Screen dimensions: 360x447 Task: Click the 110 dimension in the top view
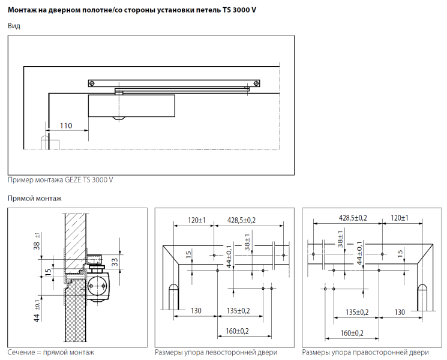(65, 125)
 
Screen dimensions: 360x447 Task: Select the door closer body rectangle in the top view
(131, 106)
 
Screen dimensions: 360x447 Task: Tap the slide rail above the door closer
(175, 82)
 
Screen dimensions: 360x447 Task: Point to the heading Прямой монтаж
(34, 198)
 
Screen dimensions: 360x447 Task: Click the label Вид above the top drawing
(13, 26)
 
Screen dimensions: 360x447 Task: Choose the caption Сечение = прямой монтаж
(50, 352)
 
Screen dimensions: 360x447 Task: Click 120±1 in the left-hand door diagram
(196, 220)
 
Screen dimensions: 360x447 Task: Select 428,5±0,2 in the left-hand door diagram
(241, 220)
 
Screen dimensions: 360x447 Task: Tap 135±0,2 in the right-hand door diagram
(356, 311)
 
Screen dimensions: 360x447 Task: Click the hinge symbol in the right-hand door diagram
(422, 295)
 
